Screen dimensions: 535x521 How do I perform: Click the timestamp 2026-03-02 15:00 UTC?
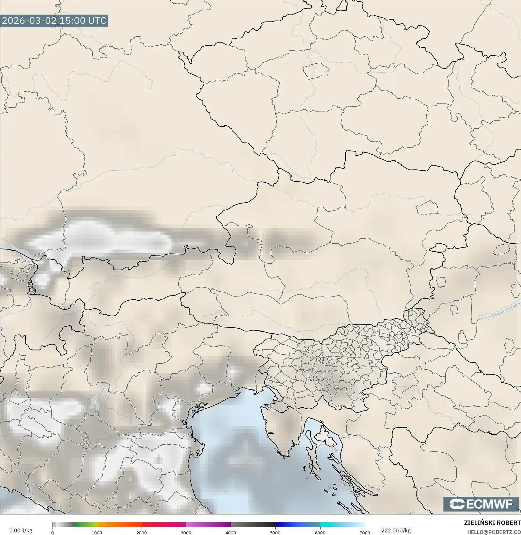[x=54, y=21]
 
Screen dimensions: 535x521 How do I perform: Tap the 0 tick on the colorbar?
[x=52, y=533]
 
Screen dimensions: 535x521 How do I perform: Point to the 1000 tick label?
[x=97, y=533]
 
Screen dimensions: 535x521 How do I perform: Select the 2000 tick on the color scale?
[x=142, y=533]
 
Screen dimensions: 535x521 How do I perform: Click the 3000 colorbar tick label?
[x=186, y=533]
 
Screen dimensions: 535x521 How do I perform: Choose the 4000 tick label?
[x=231, y=533]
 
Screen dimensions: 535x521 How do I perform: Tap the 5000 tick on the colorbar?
[x=275, y=533]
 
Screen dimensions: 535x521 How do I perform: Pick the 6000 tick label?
[x=320, y=533]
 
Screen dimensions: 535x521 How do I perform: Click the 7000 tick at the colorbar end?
[x=365, y=533]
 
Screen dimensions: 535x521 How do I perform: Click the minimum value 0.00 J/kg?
[x=21, y=530]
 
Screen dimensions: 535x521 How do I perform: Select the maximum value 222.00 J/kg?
[x=396, y=530]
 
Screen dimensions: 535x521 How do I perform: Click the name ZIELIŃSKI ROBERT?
[x=492, y=523]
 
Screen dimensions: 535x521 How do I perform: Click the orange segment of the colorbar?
[x=119, y=525]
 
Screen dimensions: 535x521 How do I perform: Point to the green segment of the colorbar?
[x=86, y=525]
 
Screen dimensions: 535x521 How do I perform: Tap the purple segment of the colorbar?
[x=212, y=525]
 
